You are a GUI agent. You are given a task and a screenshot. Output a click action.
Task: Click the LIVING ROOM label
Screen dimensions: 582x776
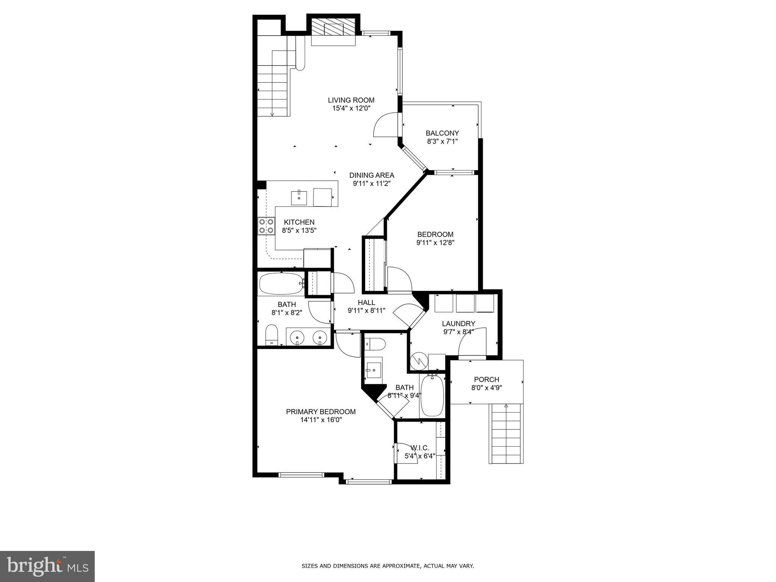351,100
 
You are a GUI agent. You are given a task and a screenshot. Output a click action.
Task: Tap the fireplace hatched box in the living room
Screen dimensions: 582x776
333,29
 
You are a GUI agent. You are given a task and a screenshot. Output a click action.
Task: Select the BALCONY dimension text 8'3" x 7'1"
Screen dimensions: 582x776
442,141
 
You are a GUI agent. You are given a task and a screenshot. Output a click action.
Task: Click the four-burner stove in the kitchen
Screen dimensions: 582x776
266,226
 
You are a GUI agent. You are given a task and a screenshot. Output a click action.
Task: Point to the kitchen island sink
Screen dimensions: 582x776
299,197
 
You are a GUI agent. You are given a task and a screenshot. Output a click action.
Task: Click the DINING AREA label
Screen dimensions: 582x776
371,175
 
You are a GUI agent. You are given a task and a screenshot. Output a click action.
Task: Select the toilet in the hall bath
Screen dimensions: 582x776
272,335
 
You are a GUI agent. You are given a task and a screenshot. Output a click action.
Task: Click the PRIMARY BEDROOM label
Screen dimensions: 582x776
321,411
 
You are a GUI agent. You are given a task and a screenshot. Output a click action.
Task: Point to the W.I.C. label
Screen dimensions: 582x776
419,448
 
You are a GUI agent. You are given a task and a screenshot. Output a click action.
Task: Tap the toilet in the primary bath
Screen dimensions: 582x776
375,344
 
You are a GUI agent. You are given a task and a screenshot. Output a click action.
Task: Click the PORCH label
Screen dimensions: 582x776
487,379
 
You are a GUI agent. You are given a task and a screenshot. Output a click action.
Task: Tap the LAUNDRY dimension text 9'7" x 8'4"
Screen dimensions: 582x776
458,332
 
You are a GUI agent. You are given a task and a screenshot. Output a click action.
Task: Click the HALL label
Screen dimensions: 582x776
366,302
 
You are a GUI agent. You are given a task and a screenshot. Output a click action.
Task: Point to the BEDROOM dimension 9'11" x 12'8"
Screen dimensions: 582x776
435,242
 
